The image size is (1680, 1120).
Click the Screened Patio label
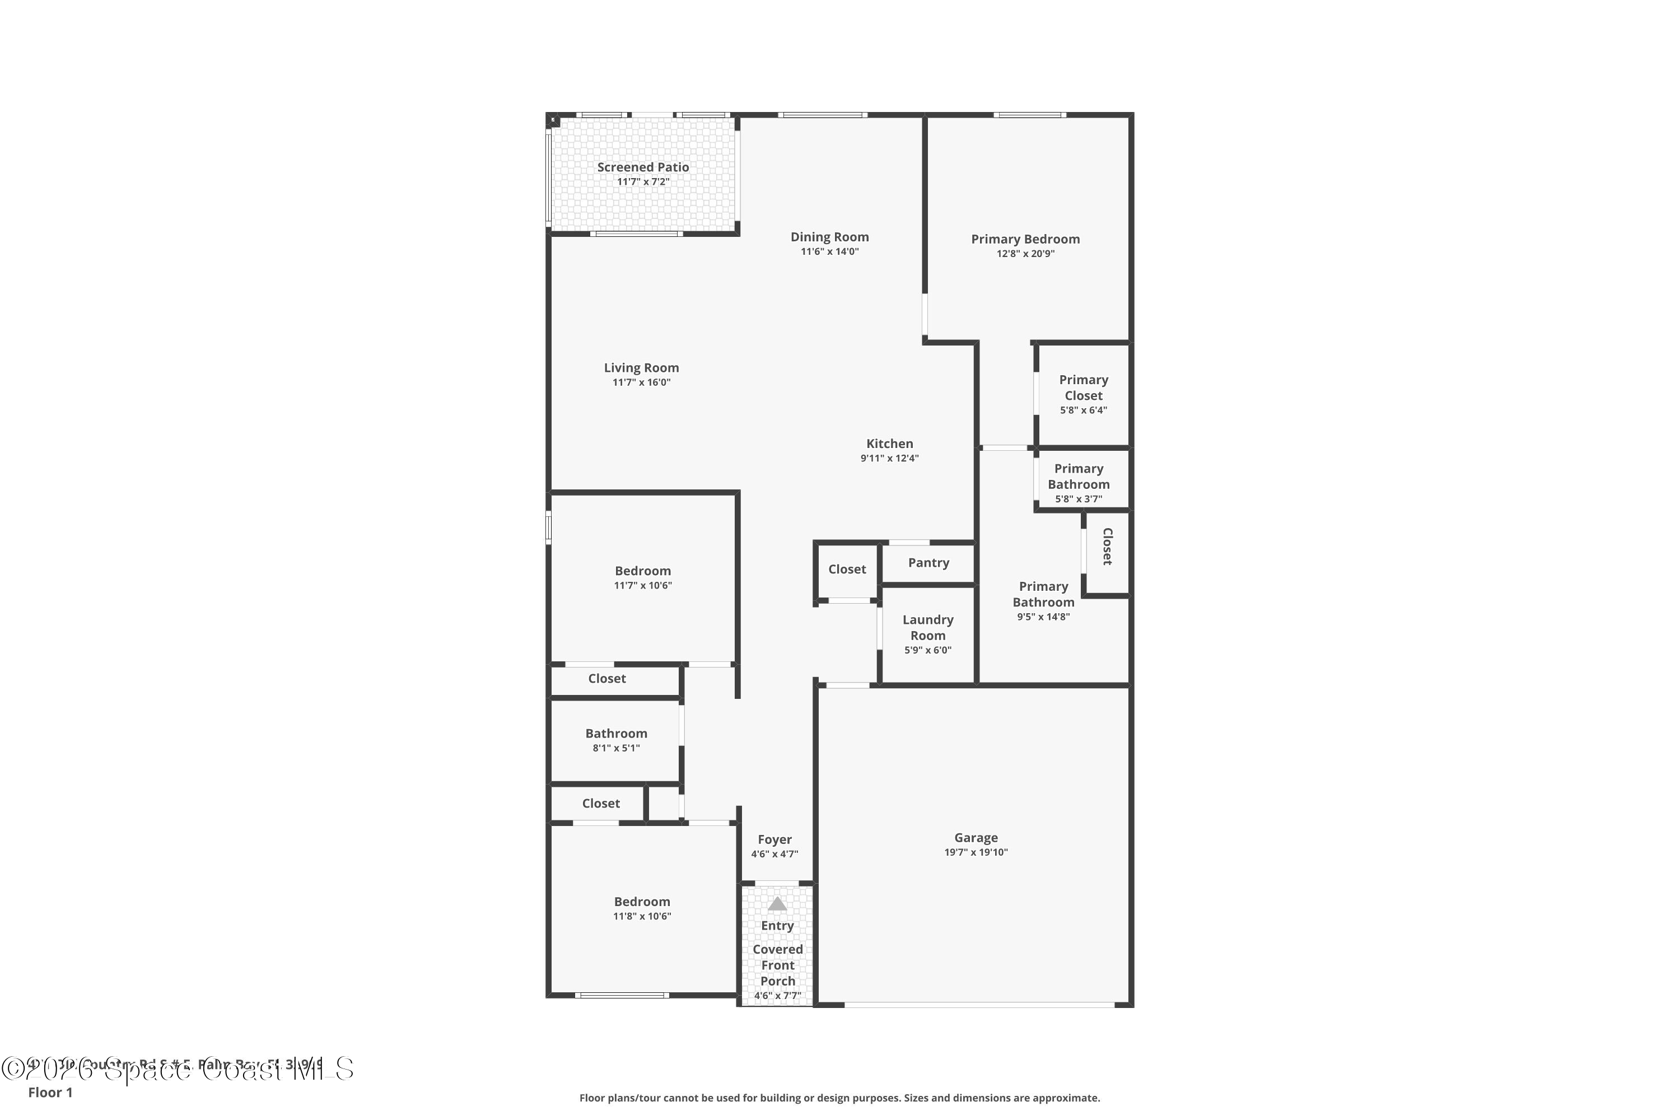[x=643, y=167]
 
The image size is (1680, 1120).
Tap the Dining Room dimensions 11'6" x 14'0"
[x=829, y=252]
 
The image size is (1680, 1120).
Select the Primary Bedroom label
[x=1025, y=239]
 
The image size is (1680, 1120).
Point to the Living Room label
[x=641, y=368]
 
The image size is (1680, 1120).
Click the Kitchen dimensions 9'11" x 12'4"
[x=889, y=459]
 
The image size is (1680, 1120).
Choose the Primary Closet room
[x=1083, y=394]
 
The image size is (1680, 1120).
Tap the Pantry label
[x=928, y=563]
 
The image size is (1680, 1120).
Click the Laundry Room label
[x=928, y=628]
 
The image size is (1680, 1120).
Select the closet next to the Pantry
[x=847, y=570]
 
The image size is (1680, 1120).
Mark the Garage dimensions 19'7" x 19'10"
[x=976, y=852]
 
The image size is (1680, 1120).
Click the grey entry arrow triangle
[x=777, y=905]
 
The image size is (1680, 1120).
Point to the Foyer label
[x=775, y=840]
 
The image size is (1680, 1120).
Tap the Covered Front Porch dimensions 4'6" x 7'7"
[x=777, y=996]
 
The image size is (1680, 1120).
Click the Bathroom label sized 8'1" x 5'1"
[x=615, y=734]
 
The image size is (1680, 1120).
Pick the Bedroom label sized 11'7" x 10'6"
[x=643, y=571]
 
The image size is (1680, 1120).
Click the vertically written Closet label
[x=1107, y=547]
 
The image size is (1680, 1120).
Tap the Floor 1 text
[x=50, y=1092]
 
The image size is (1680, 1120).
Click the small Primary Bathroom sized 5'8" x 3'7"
[x=1079, y=477]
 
